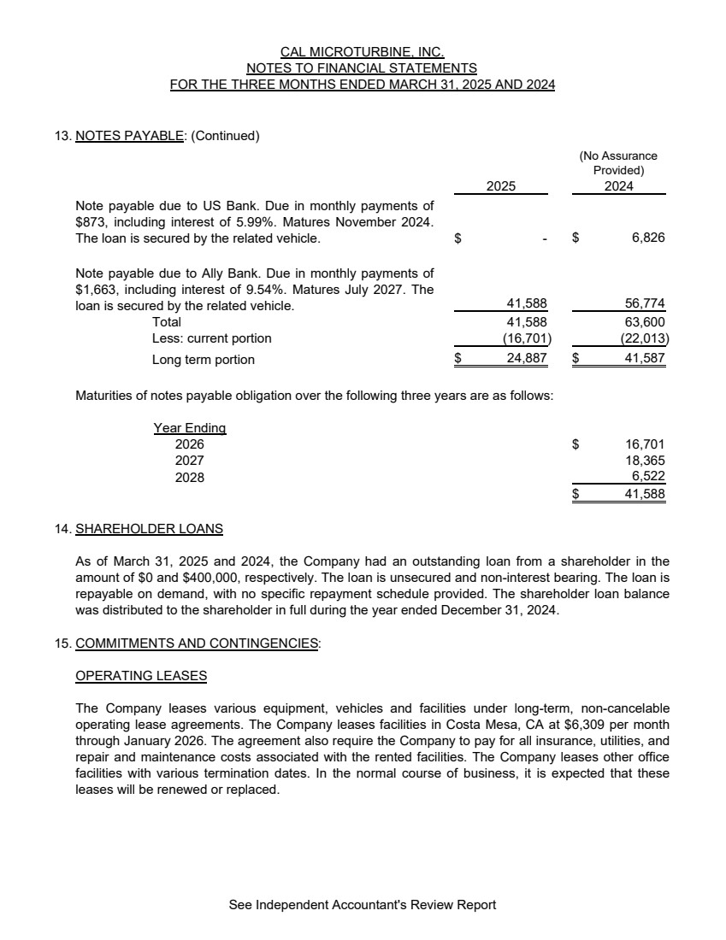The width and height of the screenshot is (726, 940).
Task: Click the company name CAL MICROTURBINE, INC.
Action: tap(363, 51)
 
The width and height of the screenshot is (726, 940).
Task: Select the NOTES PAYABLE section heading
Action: tap(129, 135)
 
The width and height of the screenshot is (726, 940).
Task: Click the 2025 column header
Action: tap(501, 186)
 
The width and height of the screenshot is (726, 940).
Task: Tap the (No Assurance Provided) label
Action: tap(618, 162)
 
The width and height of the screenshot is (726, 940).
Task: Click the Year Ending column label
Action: tap(189, 427)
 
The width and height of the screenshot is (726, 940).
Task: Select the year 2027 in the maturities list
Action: tap(189, 461)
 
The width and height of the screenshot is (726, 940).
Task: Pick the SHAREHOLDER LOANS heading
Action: tap(149, 528)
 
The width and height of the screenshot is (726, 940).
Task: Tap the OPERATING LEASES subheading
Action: tap(141, 675)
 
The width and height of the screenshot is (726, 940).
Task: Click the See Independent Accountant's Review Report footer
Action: tap(363, 904)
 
